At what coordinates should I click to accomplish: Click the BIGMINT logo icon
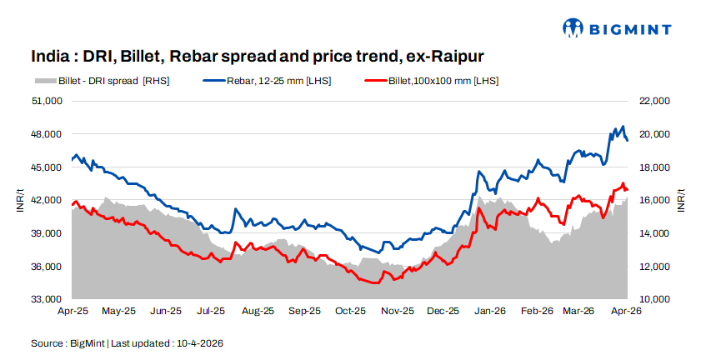coord(573,27)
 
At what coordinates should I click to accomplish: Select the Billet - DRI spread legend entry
coord(101,81)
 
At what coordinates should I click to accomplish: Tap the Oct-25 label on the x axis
coord(350,312)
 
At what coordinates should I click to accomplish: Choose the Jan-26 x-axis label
coord(490,312)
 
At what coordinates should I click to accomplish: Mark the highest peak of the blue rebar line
coord(623,126)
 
